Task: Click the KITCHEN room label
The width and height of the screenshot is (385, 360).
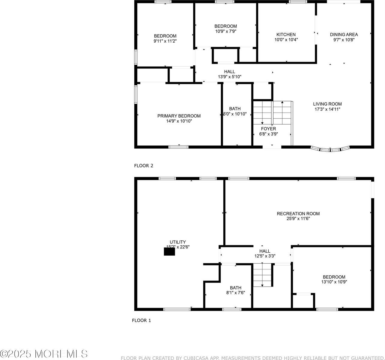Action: coord(286,34)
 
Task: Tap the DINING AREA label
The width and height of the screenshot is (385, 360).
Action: coord(344,34)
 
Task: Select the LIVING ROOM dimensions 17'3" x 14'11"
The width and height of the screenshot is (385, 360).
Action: coord(327,109)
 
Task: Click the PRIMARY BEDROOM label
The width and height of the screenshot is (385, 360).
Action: coord(179,116)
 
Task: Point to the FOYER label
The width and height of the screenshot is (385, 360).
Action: coord(268,129)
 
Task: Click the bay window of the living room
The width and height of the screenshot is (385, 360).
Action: coord(330,149)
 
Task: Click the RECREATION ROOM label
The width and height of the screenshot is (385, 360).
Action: coord(298,214)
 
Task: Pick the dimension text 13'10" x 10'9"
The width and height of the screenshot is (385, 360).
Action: coord(334,282)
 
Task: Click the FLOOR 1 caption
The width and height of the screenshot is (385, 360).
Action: coord(142,320)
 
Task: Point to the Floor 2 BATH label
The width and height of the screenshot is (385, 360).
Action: coord(235,109)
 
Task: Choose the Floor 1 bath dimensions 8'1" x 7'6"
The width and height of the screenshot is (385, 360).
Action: coord(235,293)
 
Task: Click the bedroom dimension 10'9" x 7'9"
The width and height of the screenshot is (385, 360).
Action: coord(225,31)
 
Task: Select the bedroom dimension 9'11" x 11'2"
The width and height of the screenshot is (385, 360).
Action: coord(165,41)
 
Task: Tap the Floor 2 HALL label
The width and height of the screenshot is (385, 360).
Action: coord(229,71)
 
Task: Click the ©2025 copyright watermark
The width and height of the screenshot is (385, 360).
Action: coord(44,354)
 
